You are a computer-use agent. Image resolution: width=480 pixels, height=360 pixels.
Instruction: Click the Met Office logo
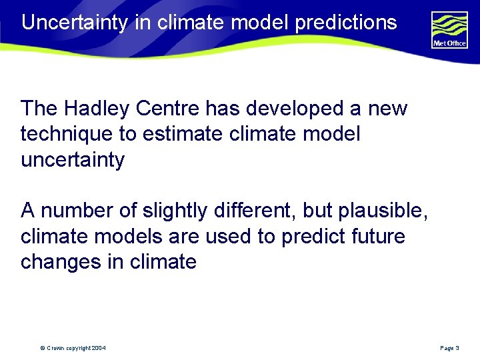point(449,29)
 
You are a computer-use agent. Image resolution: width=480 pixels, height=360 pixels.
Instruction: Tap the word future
point(379,236)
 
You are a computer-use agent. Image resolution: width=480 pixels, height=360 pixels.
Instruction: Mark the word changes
point(61,261)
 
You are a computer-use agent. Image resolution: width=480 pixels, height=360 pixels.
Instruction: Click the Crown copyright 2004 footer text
point(73,348)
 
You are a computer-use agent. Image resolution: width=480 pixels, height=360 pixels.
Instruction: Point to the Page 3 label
point(449,348)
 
